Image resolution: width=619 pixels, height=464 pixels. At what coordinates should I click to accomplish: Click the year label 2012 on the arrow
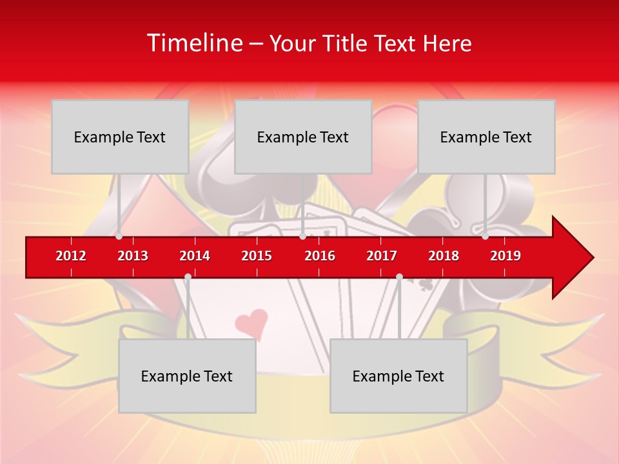click(71, 256)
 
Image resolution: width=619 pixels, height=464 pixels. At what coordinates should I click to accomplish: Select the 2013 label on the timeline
click(133, 256)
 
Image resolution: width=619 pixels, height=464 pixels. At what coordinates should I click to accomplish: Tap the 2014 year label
click(195, 256)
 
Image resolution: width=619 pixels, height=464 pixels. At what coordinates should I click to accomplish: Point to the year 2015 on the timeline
click(257, 256)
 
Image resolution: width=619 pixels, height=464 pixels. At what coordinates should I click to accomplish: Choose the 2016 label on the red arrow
click(320, 256)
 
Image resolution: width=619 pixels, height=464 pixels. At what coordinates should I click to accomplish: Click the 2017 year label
click(382, 256)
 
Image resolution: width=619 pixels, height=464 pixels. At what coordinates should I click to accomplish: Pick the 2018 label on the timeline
click(444, 256)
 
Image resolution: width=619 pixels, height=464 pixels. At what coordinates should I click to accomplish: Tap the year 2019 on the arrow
click(506, 256)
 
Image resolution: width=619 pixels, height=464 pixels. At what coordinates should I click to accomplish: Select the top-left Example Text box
click(120, 137)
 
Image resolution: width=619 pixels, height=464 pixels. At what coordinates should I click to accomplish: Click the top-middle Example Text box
click(303, 137)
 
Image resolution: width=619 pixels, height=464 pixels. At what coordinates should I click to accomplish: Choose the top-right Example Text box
click(486, 137)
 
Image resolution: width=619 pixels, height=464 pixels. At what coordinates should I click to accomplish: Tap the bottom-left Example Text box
click(187, 376)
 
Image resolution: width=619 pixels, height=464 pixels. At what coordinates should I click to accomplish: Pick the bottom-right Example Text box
click(398, 376)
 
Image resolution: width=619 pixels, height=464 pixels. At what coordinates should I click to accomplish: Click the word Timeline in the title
click(193, 43)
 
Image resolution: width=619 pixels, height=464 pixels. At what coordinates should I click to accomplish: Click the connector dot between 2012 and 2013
click(119, 237)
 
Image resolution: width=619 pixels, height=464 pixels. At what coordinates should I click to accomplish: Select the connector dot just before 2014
click(188, 276)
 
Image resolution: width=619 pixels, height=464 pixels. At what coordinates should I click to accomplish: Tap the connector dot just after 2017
click(399, 276)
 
